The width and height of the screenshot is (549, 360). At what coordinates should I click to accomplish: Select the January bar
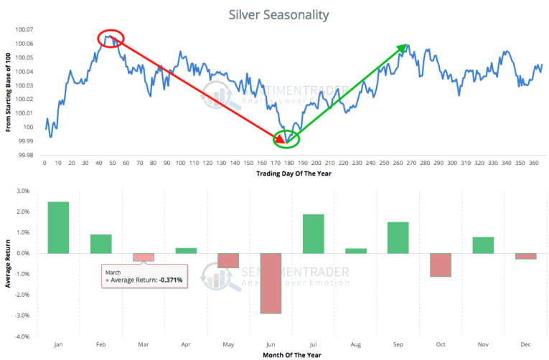(58, 227)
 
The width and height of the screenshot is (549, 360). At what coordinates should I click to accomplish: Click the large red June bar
(270, 283)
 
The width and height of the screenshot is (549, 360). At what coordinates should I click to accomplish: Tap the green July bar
(312, 234)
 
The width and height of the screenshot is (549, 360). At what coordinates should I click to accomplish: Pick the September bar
(398, 237)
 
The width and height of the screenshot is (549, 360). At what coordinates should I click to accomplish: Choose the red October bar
(439, 265)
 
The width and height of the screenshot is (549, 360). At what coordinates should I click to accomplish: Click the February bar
(100, 244)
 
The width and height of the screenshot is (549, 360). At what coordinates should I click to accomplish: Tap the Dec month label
(525, 345)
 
